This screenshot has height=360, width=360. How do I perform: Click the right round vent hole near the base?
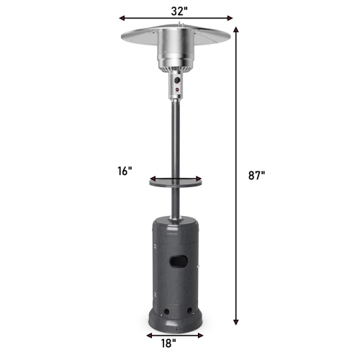pos(189,312)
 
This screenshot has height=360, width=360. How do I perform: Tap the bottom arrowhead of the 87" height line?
pos(236,325)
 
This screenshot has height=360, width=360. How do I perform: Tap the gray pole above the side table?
pos(175,137)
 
